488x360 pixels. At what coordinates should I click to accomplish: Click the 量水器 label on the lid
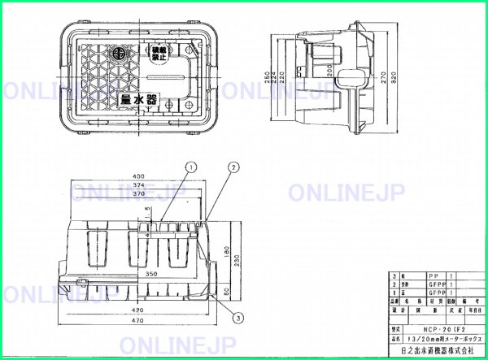137,99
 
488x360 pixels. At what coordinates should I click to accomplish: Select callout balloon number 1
189,167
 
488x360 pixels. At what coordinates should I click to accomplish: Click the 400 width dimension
140,176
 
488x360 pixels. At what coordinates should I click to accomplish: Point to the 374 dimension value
139,186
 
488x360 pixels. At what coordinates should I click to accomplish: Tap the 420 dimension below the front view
140,310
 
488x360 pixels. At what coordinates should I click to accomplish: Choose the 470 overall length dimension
140,322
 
